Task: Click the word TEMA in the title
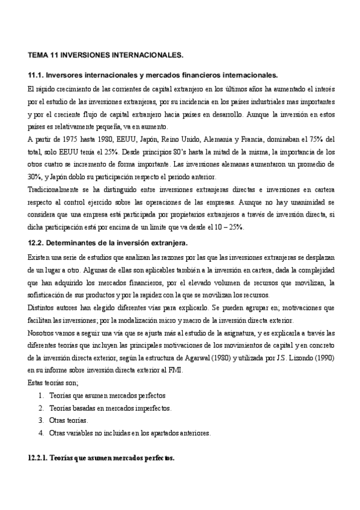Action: pyautogui.click(x=38, y=55)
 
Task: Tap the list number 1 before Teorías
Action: pyautogui.click(x=40, y=396)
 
